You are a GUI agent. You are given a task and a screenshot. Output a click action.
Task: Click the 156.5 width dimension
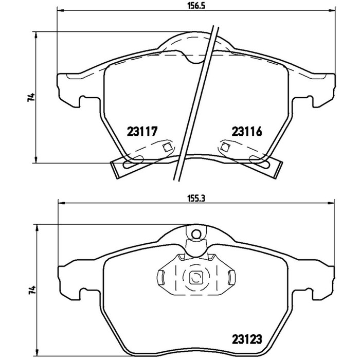point(196,6)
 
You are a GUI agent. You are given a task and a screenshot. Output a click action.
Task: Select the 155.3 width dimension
point(196,199)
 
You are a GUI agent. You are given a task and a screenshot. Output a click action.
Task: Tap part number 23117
point(142,132)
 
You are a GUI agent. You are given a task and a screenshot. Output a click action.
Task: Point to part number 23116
point(247,132)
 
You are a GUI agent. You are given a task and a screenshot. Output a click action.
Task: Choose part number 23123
point(247,339)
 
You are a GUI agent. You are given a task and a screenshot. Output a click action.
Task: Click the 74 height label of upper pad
point(31,97)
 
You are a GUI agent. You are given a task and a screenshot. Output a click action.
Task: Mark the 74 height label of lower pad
point(32,290)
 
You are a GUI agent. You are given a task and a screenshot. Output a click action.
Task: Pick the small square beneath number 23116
point(225,147)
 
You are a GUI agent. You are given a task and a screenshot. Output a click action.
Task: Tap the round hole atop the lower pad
point(196,234)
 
